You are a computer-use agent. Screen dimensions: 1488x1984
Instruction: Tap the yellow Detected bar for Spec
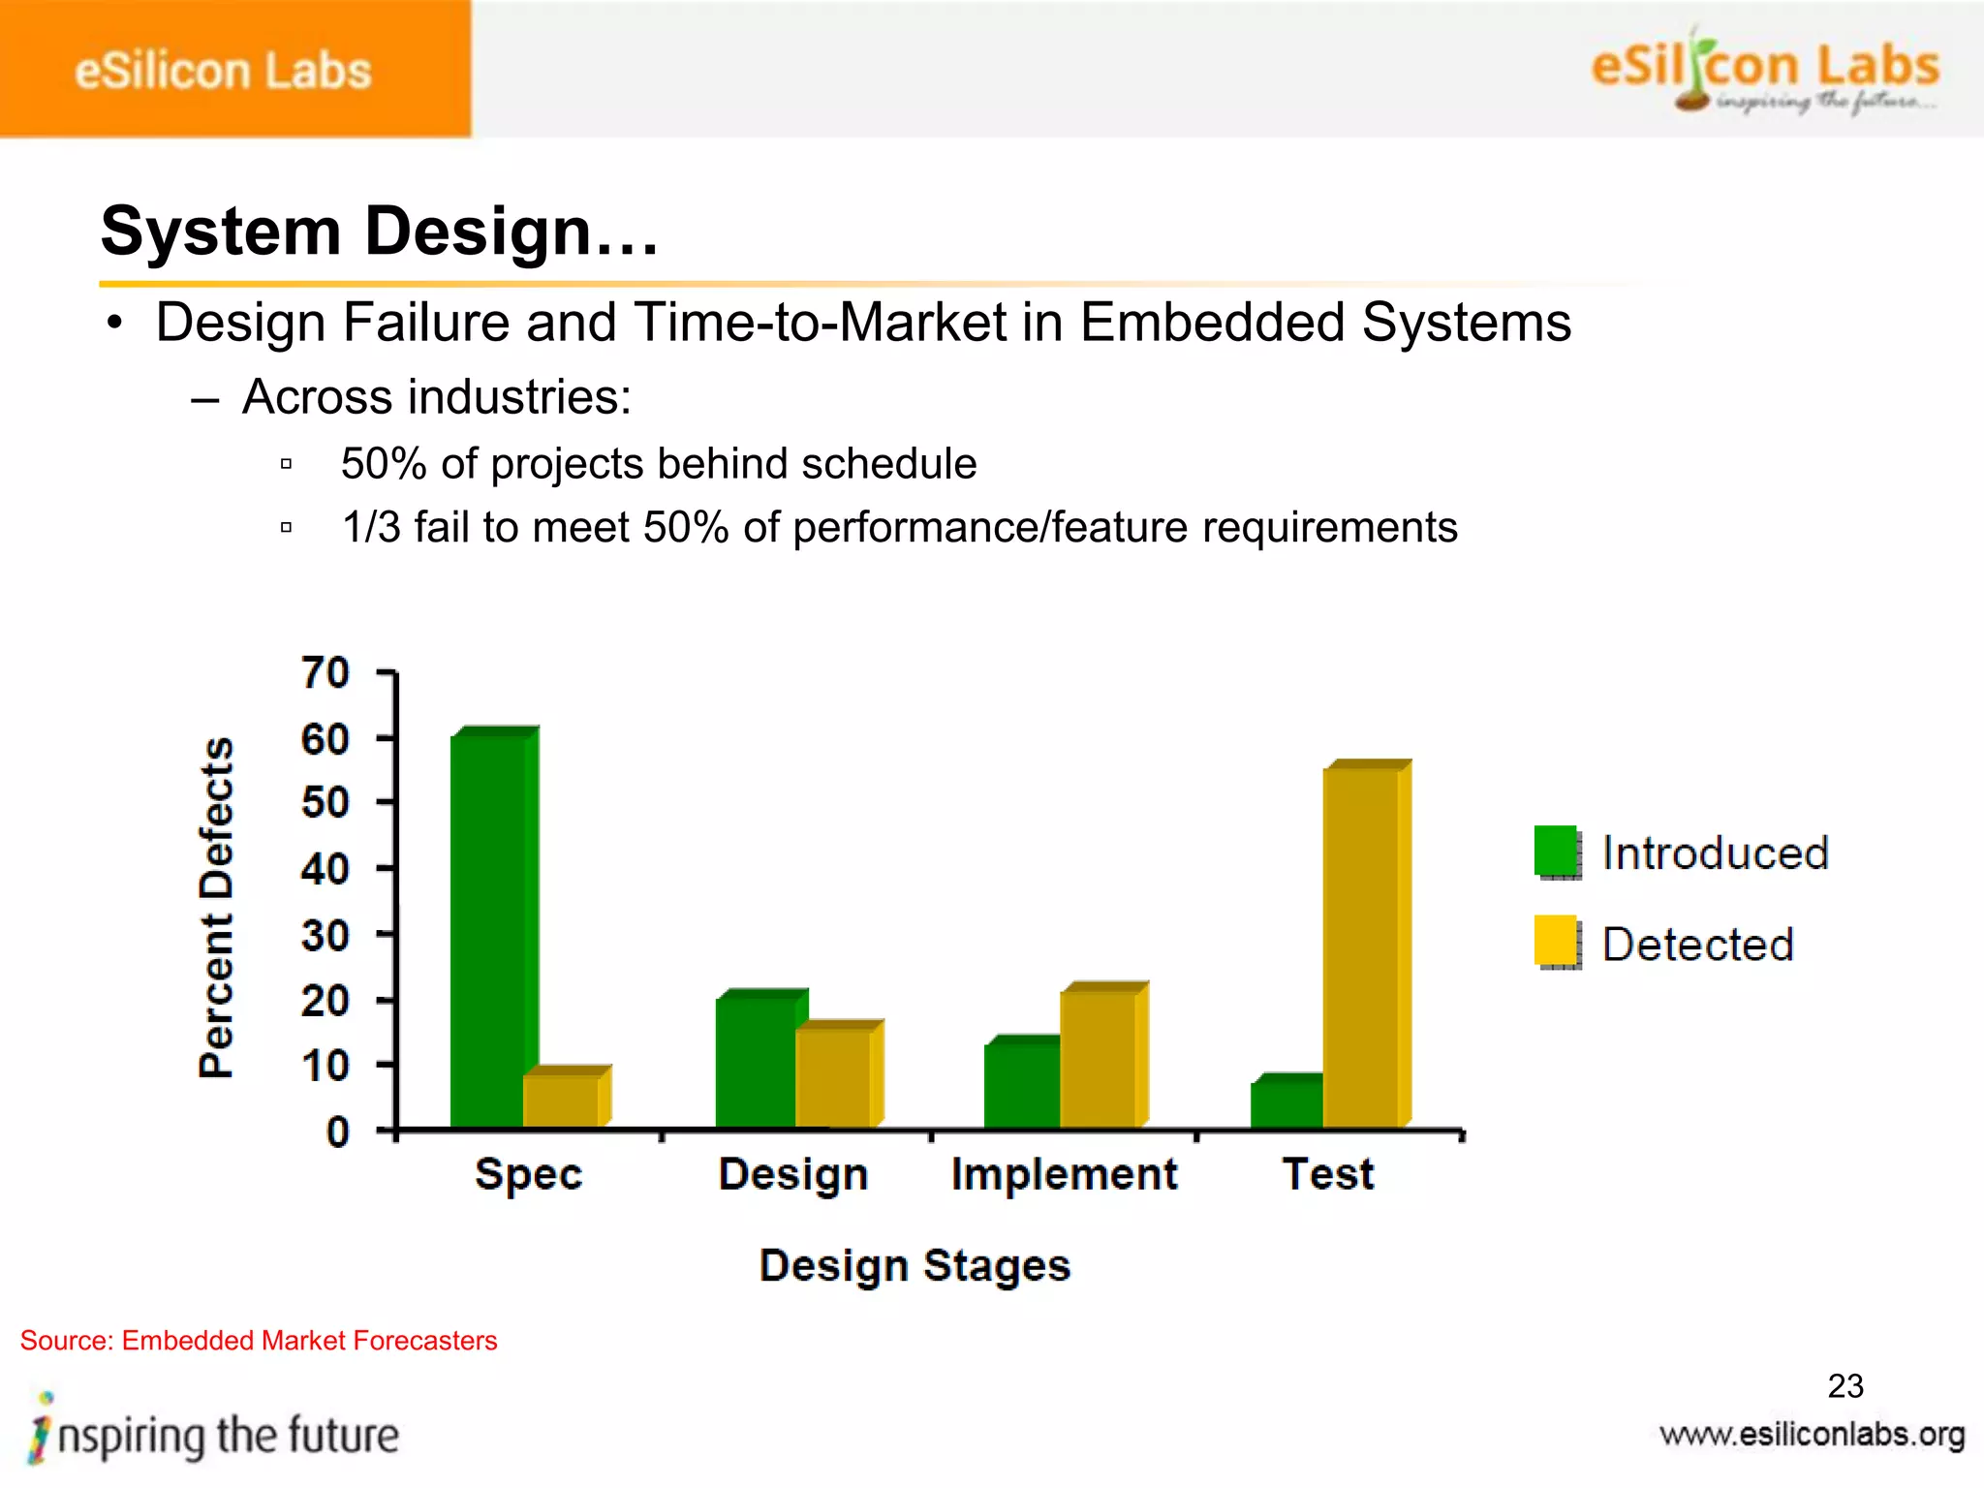coord(561,1100)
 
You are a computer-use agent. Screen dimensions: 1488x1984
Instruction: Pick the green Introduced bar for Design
coord(755,1062)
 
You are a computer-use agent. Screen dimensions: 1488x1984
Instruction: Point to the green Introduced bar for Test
coord(1286,1104)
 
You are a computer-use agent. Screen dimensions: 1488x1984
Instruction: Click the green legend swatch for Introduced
coord(1556,851)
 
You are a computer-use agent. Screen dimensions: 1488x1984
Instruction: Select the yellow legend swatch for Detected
coord(1556,941)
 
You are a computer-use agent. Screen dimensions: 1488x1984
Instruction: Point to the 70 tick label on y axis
coord(325,672)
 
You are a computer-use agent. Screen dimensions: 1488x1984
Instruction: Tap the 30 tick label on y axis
coord(325,936)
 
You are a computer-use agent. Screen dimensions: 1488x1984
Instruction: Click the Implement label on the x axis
coord(1064,1174)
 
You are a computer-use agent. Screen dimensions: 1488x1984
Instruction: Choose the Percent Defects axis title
coord(217,907)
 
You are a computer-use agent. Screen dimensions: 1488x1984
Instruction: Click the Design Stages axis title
coord(914,1265)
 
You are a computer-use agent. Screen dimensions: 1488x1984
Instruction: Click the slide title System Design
coord(379,232)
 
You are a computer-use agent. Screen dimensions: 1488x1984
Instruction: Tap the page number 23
coord(1844,1385)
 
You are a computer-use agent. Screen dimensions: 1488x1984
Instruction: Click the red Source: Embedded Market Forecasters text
coord(259,1341)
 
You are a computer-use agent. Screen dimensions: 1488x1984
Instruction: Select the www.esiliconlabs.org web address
coord(1812,1434)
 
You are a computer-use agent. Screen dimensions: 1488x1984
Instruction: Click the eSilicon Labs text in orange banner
coord(223,72)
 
